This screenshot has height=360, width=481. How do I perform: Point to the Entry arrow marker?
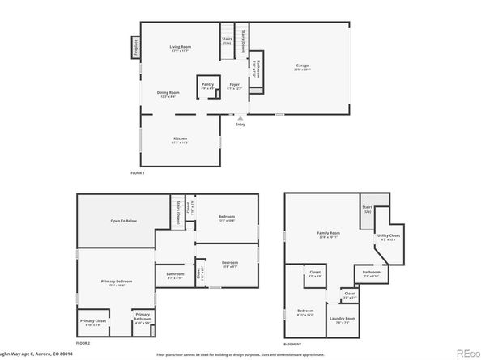(x=240, y=117)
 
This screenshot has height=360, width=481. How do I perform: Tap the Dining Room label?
(x=168, y=94)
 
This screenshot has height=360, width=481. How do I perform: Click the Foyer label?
(x=234, y=86)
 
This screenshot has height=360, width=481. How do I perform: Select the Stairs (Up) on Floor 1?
(x=227, y=40)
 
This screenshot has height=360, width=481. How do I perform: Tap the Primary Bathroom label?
(x=143, y=316)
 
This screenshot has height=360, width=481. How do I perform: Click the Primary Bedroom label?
(x=115, y=283)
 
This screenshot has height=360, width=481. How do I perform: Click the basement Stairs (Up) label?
(x=367, y=209)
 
